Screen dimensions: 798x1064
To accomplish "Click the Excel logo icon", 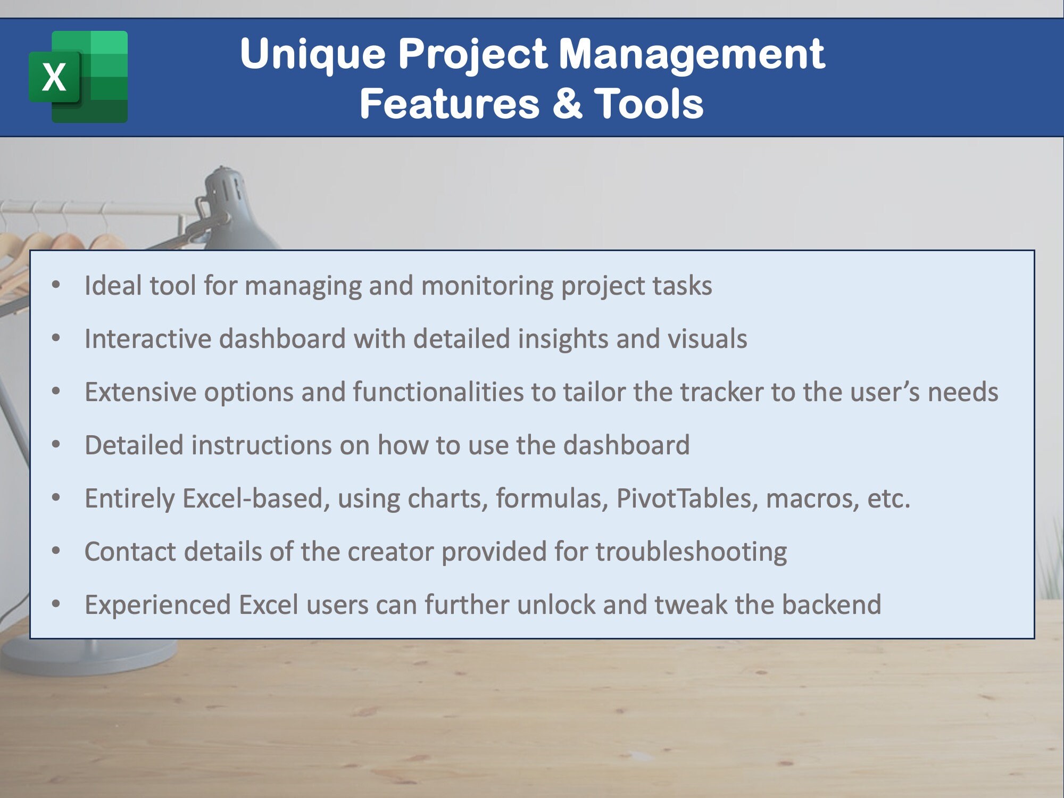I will pos(78,77).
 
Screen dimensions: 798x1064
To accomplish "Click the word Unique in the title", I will pos(312,54).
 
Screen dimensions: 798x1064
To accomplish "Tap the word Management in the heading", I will pos(692,54).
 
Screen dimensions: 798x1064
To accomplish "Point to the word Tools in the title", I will pos(649,103).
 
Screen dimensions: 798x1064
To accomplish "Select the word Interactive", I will pos(148,339).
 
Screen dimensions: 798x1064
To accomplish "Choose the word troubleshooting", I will pos(691,552).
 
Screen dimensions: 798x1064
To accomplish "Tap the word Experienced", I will pos(157,605).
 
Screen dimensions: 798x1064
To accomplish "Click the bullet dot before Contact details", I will pos(56,552).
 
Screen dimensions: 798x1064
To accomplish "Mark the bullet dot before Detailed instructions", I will pos(56,445).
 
